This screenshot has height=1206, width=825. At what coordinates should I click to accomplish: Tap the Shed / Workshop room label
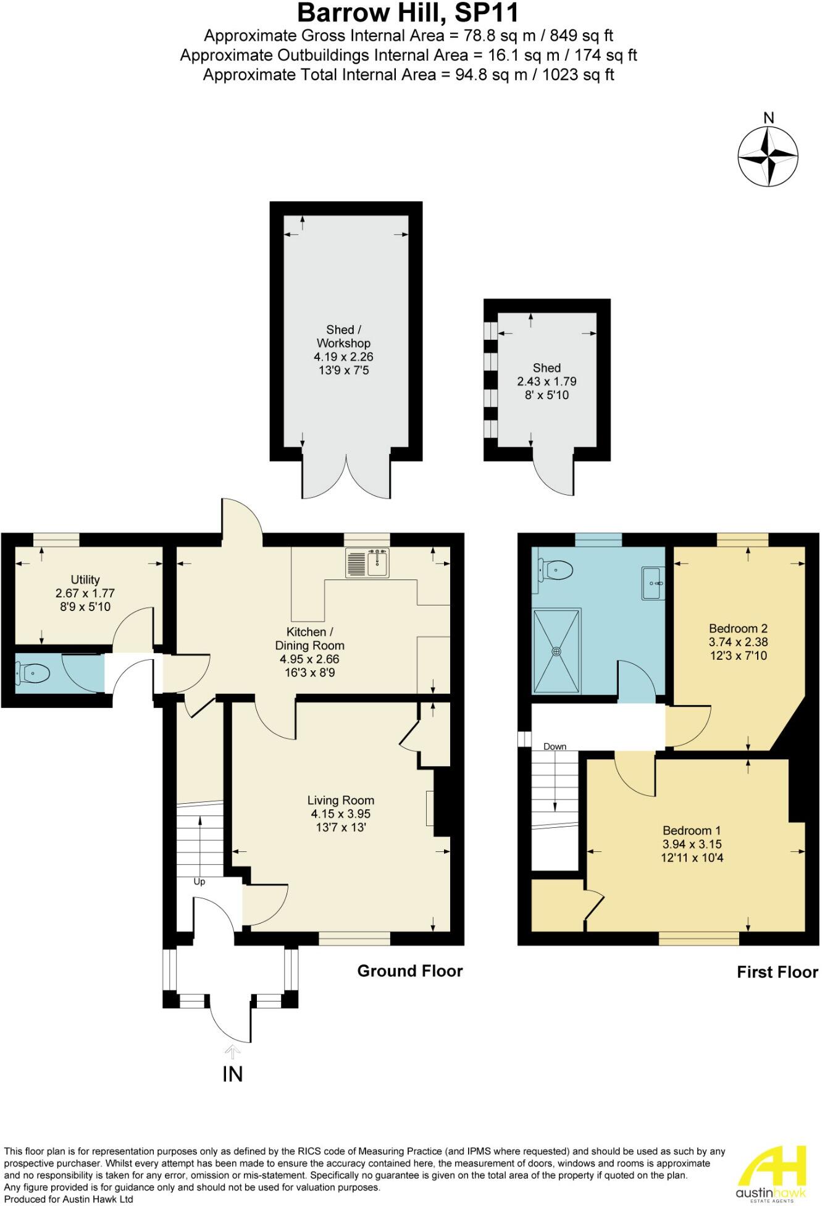(x=343, y=337)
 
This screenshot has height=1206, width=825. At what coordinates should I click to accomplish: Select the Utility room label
(x=85, y=580)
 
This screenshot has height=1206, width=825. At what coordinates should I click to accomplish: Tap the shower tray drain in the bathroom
(x=557, y=651)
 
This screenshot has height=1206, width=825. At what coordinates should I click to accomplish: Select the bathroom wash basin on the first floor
(x=653, y=583)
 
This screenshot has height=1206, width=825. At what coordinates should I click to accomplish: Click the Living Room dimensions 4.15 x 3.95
(x=341, y=814)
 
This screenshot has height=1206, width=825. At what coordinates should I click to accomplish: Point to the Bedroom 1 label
(x=692, y=830)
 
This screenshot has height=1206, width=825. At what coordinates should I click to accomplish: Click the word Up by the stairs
(x=199, y=882)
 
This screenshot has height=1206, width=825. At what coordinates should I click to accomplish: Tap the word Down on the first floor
(x=555, y=746)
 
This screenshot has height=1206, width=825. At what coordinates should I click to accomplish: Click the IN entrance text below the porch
(x=232, y=1074)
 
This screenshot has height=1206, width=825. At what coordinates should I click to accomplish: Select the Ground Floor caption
(x=410, y=971)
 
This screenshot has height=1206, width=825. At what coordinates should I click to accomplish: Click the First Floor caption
(x=777, y=972)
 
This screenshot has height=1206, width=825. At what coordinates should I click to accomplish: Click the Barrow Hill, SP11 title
(x=408, y=13)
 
